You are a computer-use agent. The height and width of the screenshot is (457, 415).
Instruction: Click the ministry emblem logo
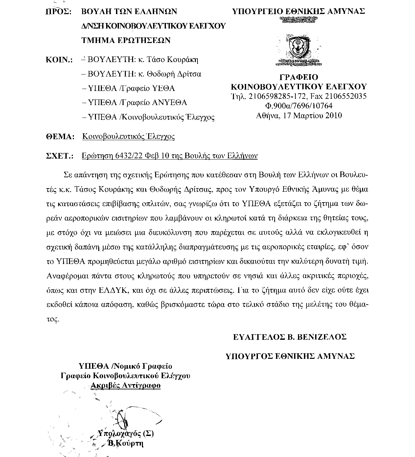coord(298,47)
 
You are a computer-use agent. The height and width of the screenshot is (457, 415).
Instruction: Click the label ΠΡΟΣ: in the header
coord(58,11)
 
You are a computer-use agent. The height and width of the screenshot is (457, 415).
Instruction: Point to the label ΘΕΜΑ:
coord(59,137)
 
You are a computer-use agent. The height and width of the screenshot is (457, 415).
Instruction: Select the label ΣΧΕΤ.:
coord(59,156)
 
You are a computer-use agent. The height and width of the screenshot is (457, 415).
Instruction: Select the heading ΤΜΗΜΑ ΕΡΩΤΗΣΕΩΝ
coord(126,40)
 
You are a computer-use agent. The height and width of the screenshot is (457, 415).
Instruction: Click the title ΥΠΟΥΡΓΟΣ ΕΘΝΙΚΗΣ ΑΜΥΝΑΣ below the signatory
coord(290,356)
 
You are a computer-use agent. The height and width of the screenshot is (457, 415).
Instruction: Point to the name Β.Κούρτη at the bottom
coord(126,444)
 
